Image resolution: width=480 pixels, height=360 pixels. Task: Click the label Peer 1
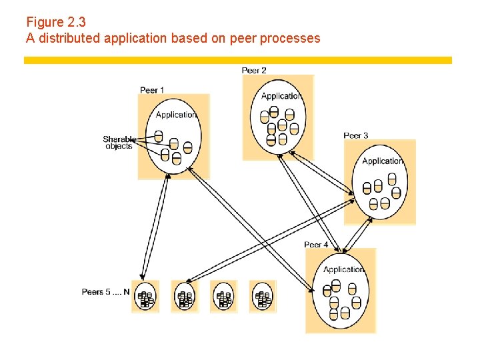(x=152, y=90)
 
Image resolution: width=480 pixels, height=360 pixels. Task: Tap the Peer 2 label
(x=254, y=70)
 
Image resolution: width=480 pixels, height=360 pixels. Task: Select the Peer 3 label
(x=356, y=135)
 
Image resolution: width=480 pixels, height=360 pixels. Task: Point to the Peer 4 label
(x=316, y=245)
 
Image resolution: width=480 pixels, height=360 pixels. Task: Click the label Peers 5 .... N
(x=105, y=291)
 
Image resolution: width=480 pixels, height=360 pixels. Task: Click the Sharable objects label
(x=119, y=143)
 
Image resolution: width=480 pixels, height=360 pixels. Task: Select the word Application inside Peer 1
(x=176, y=115)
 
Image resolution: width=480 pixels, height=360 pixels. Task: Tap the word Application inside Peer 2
(x=281, y=96)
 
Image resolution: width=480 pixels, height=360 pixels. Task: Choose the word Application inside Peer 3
(x=383, y=161)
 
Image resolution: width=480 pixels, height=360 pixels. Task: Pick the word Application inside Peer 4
(x=343, y=269)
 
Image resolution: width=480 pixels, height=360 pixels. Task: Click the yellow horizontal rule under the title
(x=238, y=60)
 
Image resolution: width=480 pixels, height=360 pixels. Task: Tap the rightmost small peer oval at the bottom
(x=263, y=297)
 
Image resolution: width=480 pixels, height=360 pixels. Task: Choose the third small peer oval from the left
(x=223, y=297)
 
